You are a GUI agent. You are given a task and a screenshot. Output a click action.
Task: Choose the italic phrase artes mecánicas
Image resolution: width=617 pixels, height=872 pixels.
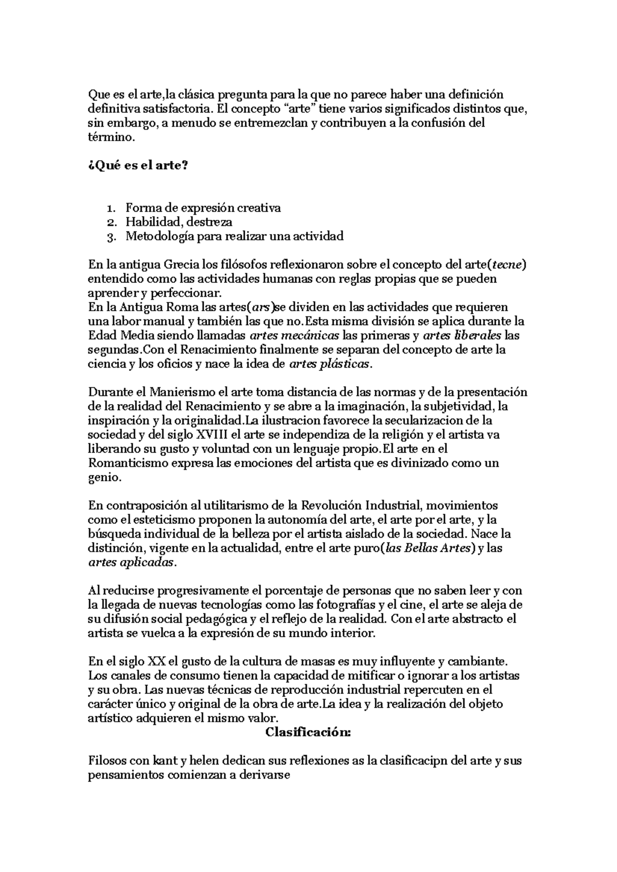point(294,336)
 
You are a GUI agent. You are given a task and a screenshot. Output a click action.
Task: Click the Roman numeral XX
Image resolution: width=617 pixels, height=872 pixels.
point(157,660)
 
